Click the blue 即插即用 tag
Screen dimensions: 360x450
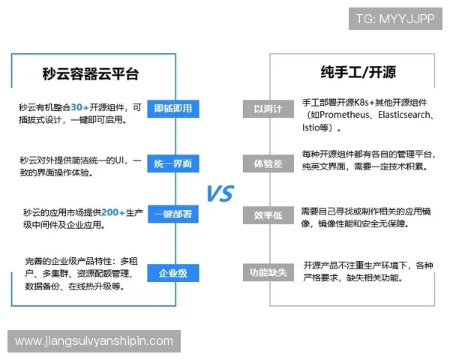(172, 109)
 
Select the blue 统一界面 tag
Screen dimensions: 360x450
(172, 163)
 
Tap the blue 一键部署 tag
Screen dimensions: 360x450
(172, 215)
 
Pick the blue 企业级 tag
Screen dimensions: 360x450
(172, 273)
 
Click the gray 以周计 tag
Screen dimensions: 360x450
(268, 109)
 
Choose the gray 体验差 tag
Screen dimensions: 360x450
(268, 163)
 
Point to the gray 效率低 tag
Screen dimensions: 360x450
(268, 215)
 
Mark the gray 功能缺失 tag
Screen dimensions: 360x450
(268, 273)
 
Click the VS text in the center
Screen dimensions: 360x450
(220, 193)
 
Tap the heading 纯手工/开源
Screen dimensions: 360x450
(358, 73)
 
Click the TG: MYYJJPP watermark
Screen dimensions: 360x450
(394, 19)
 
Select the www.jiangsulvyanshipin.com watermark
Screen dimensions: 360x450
(94, 341)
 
